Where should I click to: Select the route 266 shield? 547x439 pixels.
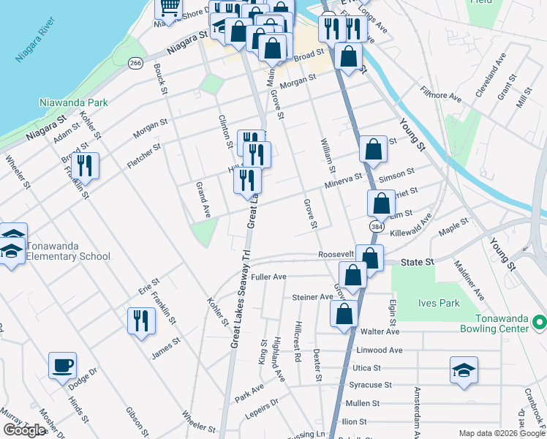click(x=135, y=64)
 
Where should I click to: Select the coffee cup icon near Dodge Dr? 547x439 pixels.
click(x=62, y=364)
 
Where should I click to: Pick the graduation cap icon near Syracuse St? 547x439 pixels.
click(x=464, y=369)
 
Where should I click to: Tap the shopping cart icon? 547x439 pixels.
click(x=169, y=8)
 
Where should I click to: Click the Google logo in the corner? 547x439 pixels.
click(x=24, y=429)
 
